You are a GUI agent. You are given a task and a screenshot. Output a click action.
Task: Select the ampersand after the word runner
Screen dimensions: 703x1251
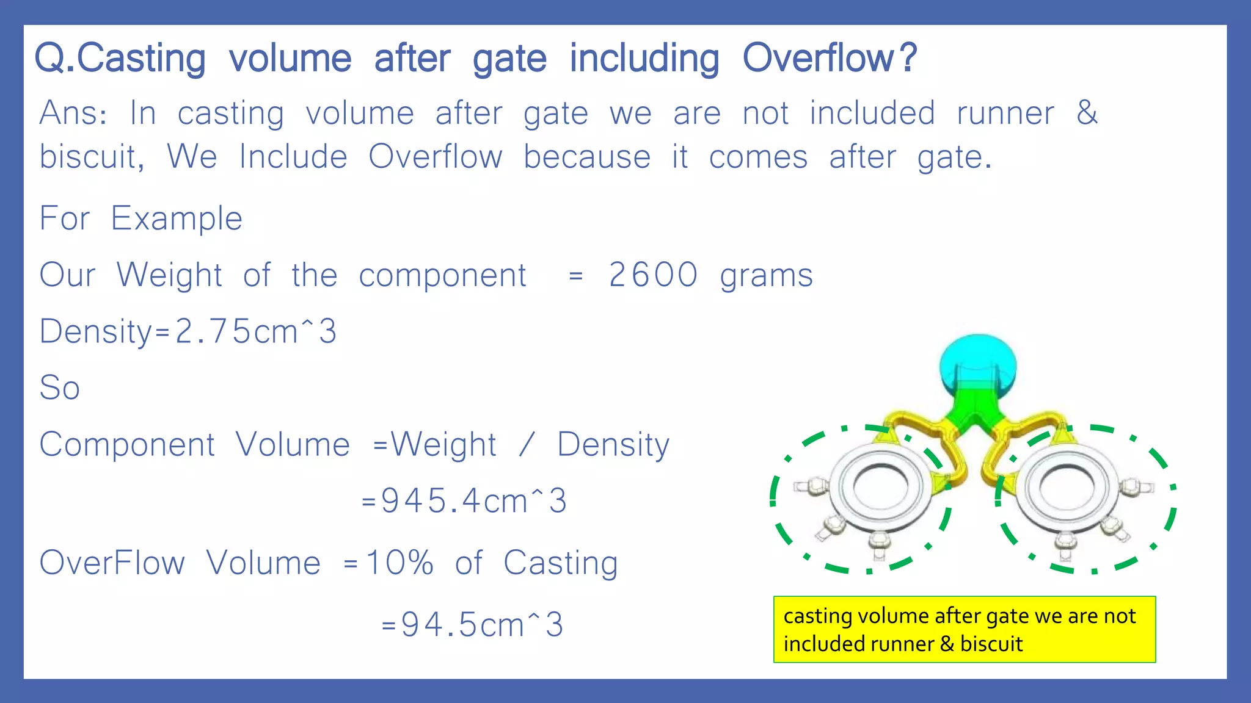pos(1087,113)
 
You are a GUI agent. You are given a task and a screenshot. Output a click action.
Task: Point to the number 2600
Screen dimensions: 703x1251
pos(653,275)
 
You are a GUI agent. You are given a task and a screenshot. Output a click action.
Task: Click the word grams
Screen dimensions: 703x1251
pos(766,276)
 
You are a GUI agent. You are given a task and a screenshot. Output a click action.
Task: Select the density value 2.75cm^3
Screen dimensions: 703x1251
pos(255,331)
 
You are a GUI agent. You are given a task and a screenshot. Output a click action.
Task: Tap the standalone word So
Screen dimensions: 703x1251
pos(60,388)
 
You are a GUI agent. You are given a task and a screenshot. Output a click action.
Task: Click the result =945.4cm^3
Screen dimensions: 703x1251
pos(465,501)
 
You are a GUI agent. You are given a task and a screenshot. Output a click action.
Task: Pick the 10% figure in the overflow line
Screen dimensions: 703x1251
pos(399,562)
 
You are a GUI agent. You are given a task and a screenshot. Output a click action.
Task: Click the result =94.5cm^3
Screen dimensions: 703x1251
pos(472,625)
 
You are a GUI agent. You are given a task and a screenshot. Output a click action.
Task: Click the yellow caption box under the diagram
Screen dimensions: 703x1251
pos(964,629)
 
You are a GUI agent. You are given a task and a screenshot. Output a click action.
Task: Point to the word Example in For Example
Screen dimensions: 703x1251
pos(177,218)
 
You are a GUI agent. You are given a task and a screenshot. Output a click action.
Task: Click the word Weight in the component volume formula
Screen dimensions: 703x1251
pos(443,445)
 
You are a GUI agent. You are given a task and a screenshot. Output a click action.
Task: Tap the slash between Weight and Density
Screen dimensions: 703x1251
pos(527,445)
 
